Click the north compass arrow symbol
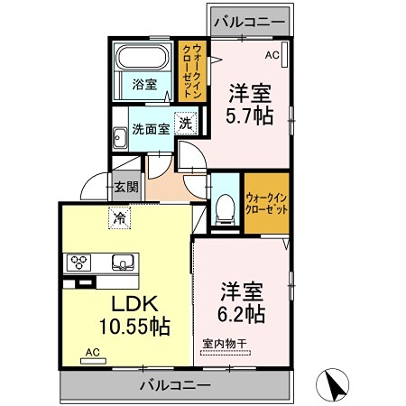335,387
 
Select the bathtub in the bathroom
143,59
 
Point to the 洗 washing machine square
186,125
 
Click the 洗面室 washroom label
149,128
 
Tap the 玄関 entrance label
125,188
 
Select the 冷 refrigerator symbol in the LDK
119,217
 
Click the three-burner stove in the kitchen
78,263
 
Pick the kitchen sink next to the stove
122,263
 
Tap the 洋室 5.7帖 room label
250,105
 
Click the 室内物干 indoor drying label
224,343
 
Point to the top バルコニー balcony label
248,20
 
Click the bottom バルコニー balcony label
175,384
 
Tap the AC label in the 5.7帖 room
272,55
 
